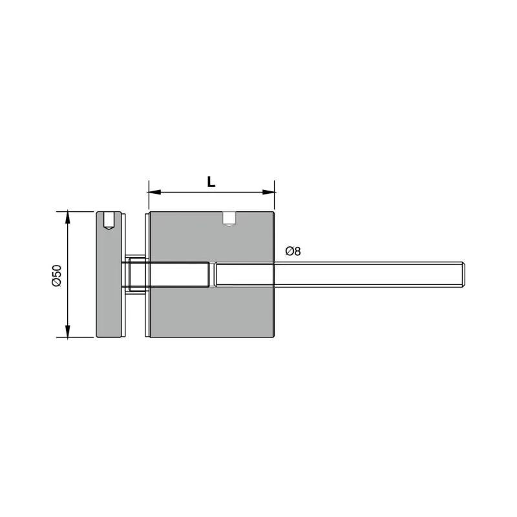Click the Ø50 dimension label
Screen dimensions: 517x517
(57, 275)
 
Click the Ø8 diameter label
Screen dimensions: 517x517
(293, 251)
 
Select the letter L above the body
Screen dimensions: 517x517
(211, 182)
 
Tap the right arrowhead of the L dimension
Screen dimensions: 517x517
(268, 192)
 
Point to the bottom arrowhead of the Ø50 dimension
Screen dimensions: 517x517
(68, 332)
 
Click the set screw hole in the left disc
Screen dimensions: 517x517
(109, 220)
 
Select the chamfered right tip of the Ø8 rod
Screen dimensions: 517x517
(463, 274)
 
